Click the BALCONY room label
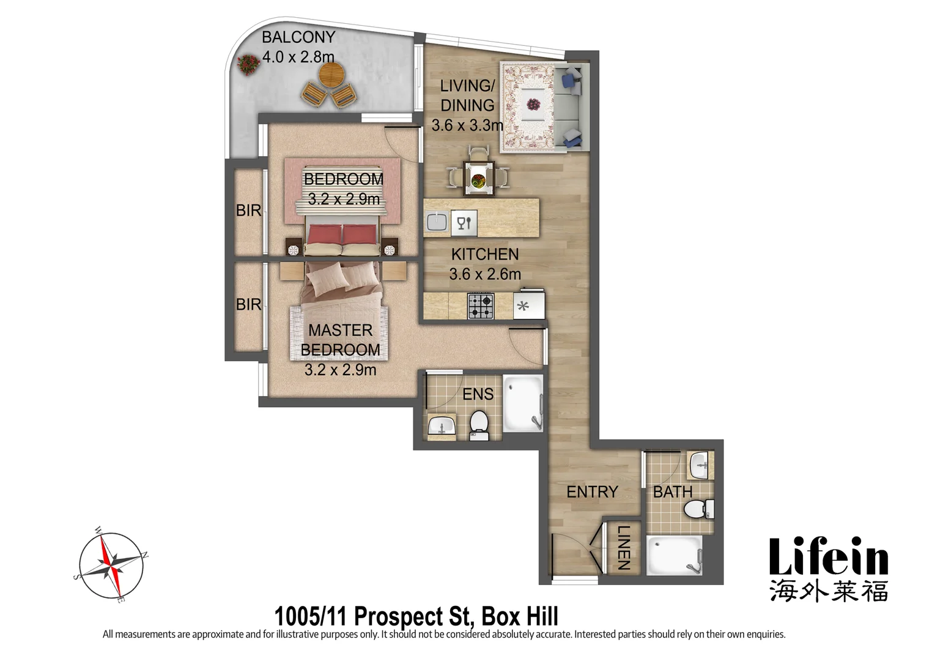(298, 37)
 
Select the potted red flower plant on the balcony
(248, 64)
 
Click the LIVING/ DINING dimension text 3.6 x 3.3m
(467, 125)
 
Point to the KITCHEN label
(484, 254)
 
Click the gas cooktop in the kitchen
(481, 306)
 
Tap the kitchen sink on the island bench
(437, 222)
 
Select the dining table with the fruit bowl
(478, 179)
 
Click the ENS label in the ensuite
(478, 394)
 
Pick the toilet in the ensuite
(478, 424)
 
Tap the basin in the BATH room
(699, 466)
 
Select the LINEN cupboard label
(623, 548)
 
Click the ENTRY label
(591, 491)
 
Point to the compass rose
(111, 566)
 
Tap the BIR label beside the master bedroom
(248, 304)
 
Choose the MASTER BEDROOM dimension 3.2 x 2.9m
(340, 370)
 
